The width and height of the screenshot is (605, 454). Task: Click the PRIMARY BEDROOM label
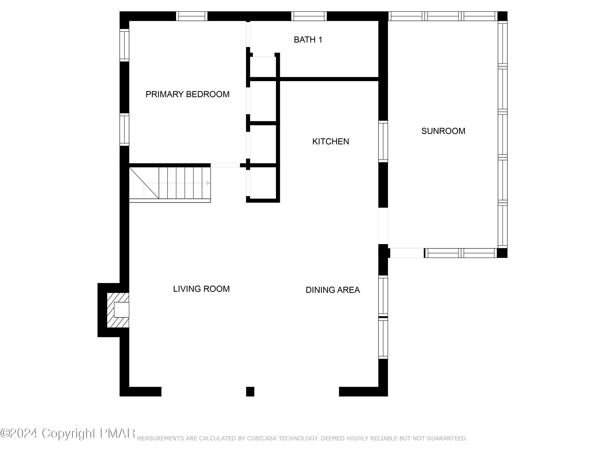pos(187,94)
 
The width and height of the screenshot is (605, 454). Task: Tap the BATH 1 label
pos(308,40)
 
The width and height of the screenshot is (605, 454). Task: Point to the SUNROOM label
pos(443,131)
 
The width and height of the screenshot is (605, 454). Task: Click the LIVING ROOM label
pos(201,289)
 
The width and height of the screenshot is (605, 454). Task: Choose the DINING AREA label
pos(333,290)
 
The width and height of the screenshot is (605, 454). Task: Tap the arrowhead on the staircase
pos(208,183)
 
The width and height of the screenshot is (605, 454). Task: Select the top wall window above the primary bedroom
pos(191,16)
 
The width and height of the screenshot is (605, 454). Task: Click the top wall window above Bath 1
pos(309,16)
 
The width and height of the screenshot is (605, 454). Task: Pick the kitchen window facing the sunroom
pos(383,141)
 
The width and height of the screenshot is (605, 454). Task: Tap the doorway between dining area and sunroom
pos(383,226)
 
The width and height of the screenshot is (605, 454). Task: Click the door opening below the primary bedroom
pos(225,165)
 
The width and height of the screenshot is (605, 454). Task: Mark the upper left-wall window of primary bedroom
pos(124,45)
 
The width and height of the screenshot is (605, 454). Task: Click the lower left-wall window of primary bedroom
pos(124,130)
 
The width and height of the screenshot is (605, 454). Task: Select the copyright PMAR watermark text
pos(68,433)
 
